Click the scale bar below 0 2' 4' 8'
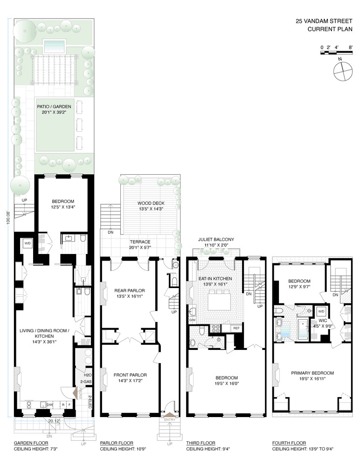pos(337,53)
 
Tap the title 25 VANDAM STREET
pos(324,21)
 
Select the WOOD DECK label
pos(151,203)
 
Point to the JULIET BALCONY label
pos(216,239)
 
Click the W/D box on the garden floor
pos(28,243)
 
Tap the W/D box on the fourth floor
pos(321,311)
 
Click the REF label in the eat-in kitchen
pos(236,328)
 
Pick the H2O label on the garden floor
pos(88,375)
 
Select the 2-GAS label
pos(86,382)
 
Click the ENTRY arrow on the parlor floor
pos(170,415)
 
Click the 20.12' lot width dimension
pos(54,420)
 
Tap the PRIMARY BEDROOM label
pos(312,373)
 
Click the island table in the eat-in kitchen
pos(219,302)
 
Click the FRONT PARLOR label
pos(130,375)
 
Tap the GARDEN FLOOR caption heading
pos(31,443)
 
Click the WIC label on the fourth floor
pos(323,321)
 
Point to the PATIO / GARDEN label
pos(54,106)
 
